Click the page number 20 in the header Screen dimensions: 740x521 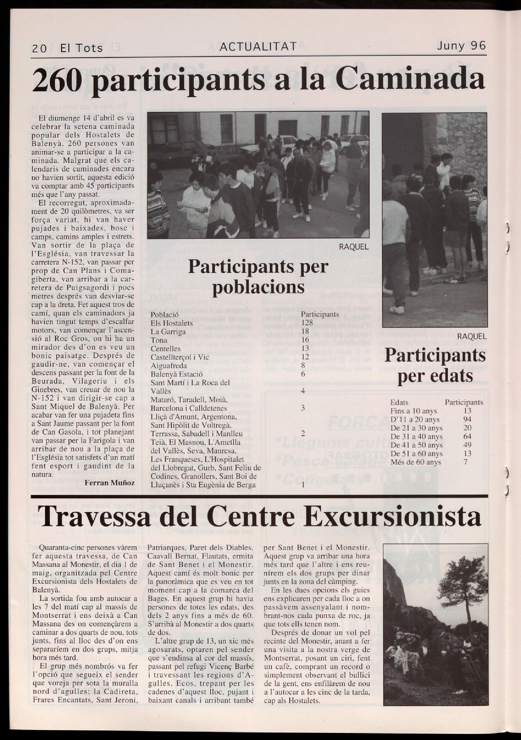pyautogui.click(x=39, y=48)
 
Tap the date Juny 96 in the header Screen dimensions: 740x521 pyautogui.click(x=461, y=46)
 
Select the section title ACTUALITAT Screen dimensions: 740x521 pyautogui.click(x=257, y=47)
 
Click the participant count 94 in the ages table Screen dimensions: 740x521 pyautogui.click(x=467, y=419)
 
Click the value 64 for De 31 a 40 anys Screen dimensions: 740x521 pyautogui.click(x=467, y=436)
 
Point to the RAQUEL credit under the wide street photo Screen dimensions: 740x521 pyautogui.click(x=353, y=247)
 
